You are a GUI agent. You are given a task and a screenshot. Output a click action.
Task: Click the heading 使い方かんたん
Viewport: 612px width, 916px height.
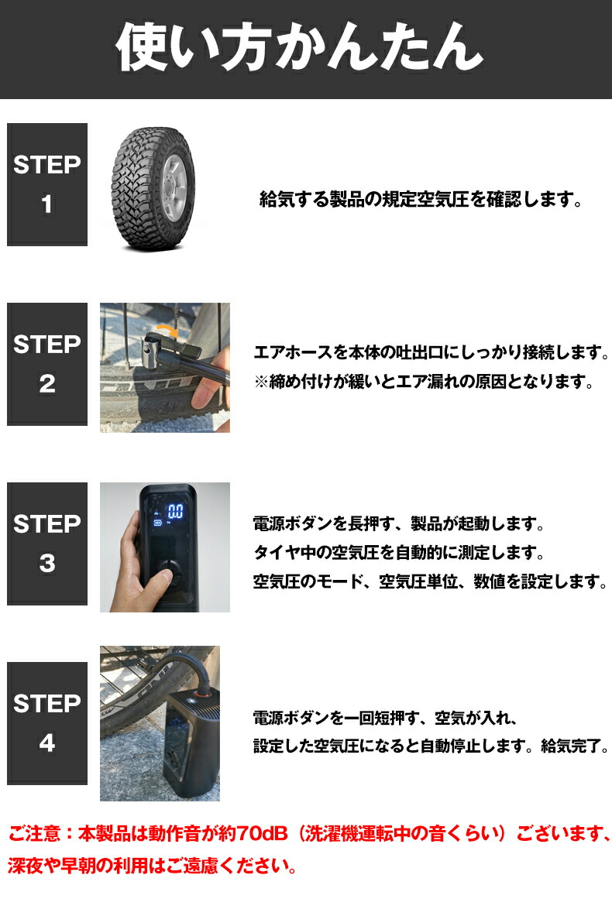pyautogui.click(x=299, y=47)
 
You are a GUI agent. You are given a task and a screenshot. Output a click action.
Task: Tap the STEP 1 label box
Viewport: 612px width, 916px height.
pyautogui.click(x=47, y=184)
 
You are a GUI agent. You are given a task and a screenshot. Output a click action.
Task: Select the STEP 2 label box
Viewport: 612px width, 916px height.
pyautogui.click(x=47, y=364)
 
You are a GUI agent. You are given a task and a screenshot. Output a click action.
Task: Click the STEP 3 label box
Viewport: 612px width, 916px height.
pyautogui.click(x=47, y=544)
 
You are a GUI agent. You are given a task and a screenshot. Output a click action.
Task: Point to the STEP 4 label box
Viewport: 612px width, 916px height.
pyautogui.click(x=47, y=723)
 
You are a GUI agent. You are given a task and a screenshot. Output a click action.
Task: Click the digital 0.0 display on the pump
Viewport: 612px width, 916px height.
pyautogui.click(x=175, y=513)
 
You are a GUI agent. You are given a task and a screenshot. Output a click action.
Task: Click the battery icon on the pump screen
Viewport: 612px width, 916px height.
pyautogui.click(x=157, y=523)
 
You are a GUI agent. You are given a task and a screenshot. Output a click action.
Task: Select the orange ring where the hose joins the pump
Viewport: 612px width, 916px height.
pyautogui.click(x=202, y=695)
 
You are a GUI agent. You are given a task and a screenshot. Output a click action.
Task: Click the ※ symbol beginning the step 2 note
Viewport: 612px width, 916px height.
pyautogui.click(x=261, y=382)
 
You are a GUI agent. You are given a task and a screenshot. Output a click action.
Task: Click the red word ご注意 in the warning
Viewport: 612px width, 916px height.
pyautogui.click(x=34, y=833)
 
